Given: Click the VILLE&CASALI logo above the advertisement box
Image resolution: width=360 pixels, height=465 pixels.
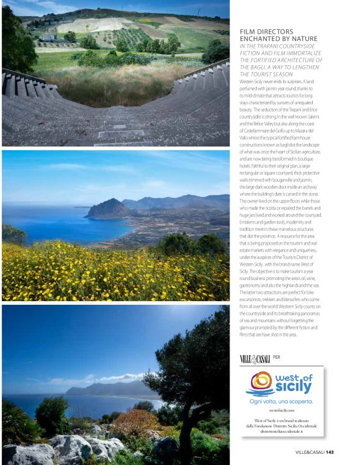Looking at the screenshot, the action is click(x=254, y=358).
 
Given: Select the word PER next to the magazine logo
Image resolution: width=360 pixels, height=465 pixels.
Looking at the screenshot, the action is click(x=277, y=358).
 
